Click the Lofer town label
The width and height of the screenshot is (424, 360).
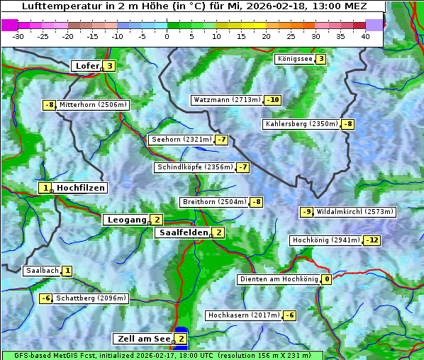tap(87, 66)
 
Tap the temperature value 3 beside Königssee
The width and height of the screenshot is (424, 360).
tap(320, 59)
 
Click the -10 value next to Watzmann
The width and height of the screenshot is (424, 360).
tap(273, 100)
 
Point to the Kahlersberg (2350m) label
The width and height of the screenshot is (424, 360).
tap(301, 124)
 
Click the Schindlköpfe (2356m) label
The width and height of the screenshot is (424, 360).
tap(194, 167)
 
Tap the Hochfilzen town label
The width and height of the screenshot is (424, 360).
tap(81, 188)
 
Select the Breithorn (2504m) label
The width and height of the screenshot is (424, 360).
tap(213, 202)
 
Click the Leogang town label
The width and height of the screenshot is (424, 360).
tap(126, 220)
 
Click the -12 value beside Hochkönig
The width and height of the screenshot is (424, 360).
tap(372, 240)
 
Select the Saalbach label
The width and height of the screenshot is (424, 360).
tap(42, 271)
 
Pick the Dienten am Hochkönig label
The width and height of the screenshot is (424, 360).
tap(279, 279)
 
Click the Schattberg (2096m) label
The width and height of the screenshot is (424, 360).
tap(91, 298)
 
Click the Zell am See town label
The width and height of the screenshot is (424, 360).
tap(143, 339)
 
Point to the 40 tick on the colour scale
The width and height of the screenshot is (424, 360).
tap(365, 36)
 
